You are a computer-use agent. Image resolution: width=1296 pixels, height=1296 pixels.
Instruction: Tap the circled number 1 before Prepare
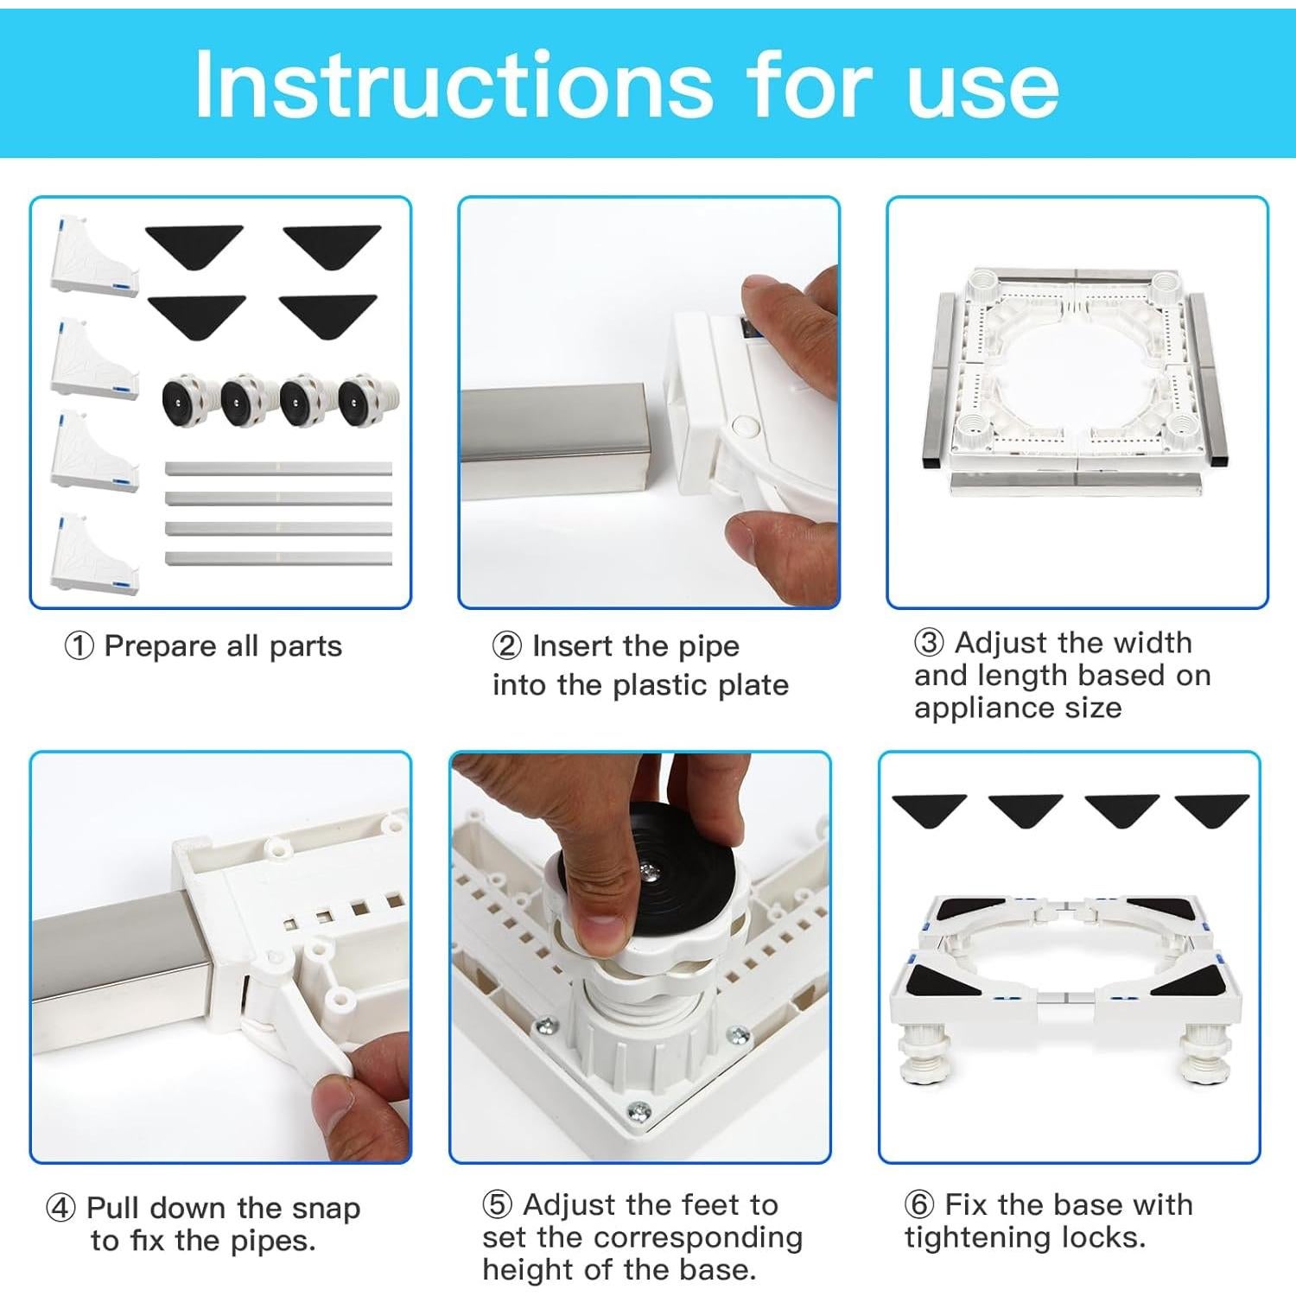79,646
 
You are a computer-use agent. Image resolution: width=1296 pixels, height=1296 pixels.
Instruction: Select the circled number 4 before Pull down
60,1208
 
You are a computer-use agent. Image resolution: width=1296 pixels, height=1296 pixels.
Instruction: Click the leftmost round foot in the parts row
186,401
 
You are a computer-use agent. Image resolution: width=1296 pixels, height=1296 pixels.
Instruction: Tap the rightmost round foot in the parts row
367,401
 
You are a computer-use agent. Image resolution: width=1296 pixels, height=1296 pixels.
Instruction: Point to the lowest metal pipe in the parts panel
278,558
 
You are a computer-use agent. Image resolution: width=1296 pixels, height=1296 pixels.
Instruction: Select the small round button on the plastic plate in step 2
741,426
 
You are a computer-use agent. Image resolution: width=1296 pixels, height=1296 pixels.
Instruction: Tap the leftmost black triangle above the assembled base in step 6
929,809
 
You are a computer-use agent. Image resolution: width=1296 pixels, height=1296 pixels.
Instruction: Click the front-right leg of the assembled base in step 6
1202,1054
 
